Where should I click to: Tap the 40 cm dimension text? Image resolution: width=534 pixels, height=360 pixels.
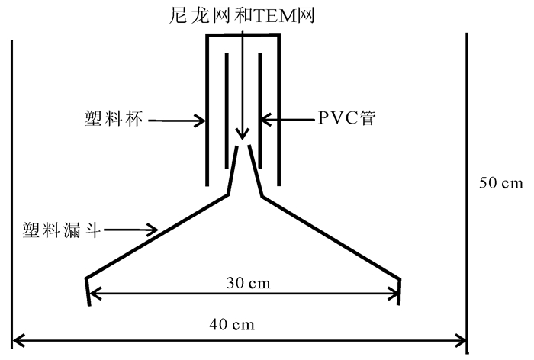[232, 324]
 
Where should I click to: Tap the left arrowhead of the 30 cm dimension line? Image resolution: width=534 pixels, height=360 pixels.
[93, 293]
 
